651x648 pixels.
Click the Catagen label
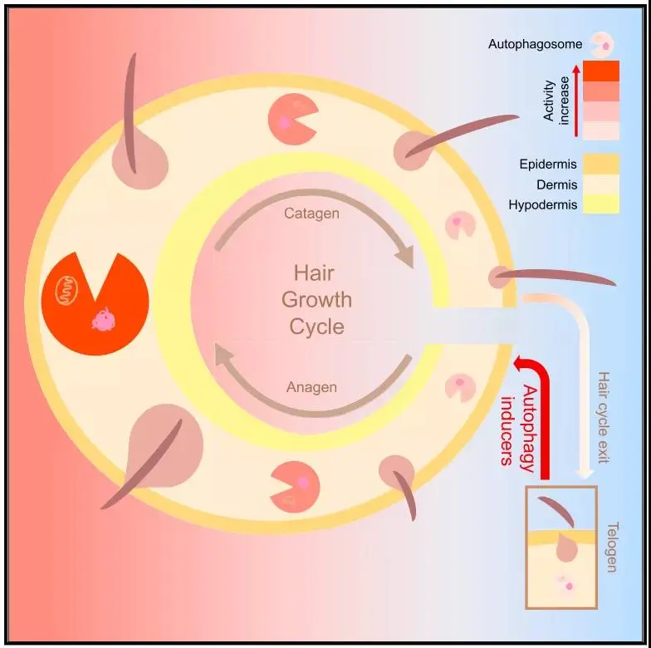click(x=311, y=214)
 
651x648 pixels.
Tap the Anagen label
click(x=311, y=387)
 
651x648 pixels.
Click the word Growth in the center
click(x=316, y=299)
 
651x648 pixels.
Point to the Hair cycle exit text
click(x=604, y=415)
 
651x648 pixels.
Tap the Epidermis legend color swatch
click(x=601, y=164)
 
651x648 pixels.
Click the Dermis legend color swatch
click(x=601, y=184)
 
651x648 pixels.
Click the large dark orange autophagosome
click(x=95, y=303)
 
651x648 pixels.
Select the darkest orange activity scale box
click(x=601, y=71)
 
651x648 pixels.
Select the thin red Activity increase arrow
click(x=575, y=100)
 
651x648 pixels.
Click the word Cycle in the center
click(x=316, y=326)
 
